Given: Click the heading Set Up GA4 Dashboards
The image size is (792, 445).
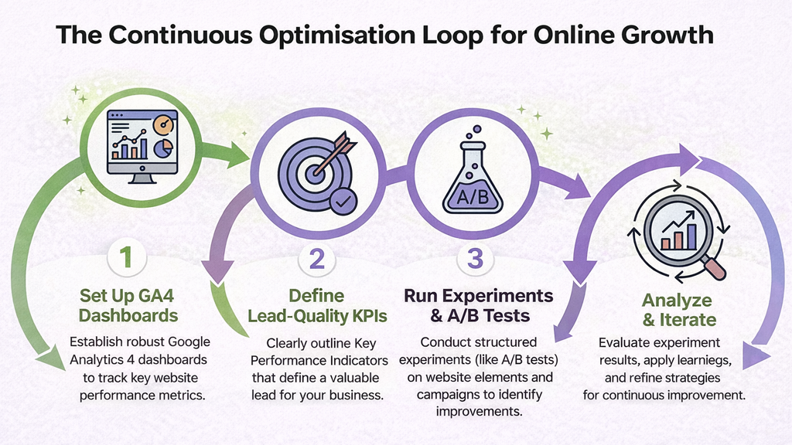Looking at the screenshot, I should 128,305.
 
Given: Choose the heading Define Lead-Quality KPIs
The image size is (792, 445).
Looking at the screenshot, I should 316,305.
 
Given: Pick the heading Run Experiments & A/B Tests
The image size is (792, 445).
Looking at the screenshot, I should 480,305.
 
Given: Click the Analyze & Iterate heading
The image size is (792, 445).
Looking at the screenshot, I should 679,309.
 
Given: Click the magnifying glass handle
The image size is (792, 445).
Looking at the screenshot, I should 715,267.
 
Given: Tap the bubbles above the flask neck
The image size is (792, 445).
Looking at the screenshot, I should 469,137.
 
